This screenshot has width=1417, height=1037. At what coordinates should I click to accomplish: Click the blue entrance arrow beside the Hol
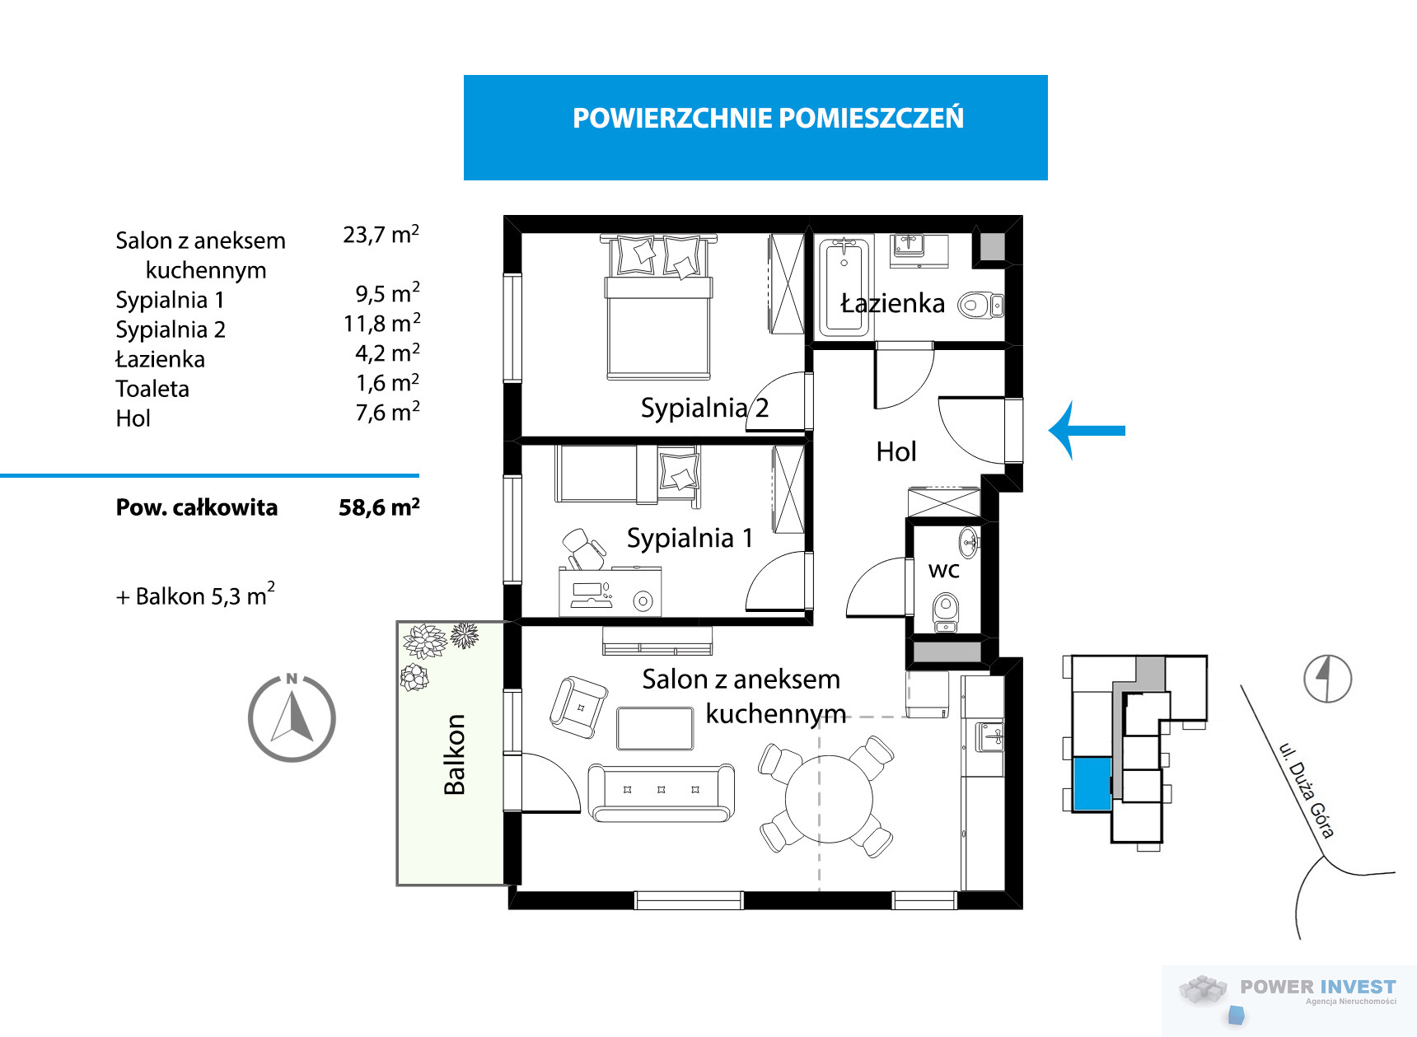1087,430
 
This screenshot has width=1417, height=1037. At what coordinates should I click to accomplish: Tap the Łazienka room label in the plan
892,303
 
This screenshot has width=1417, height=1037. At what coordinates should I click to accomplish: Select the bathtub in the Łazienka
844,286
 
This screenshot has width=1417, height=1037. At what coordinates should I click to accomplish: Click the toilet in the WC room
946,612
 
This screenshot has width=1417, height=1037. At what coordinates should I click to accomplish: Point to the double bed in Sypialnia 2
658,306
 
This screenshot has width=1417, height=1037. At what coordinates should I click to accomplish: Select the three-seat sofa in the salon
661,792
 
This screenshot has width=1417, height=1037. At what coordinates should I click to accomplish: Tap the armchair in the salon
578,707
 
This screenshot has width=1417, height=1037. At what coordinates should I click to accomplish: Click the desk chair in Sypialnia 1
584,549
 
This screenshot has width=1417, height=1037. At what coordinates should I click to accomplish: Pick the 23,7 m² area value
381,235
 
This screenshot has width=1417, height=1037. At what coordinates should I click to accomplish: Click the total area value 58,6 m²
379,507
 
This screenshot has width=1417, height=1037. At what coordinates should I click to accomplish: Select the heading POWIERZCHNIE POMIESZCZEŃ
768,118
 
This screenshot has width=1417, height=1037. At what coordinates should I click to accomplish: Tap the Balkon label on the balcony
454,754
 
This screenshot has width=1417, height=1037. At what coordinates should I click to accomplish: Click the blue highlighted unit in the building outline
1092,784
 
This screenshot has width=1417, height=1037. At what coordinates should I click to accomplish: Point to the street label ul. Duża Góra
1306,790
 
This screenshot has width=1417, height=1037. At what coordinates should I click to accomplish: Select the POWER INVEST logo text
1318,987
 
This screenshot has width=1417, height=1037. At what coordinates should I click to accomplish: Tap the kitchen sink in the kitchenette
989,736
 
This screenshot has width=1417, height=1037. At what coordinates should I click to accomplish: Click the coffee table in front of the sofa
655,728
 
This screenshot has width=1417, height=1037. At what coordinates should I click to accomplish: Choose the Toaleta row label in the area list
152,389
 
